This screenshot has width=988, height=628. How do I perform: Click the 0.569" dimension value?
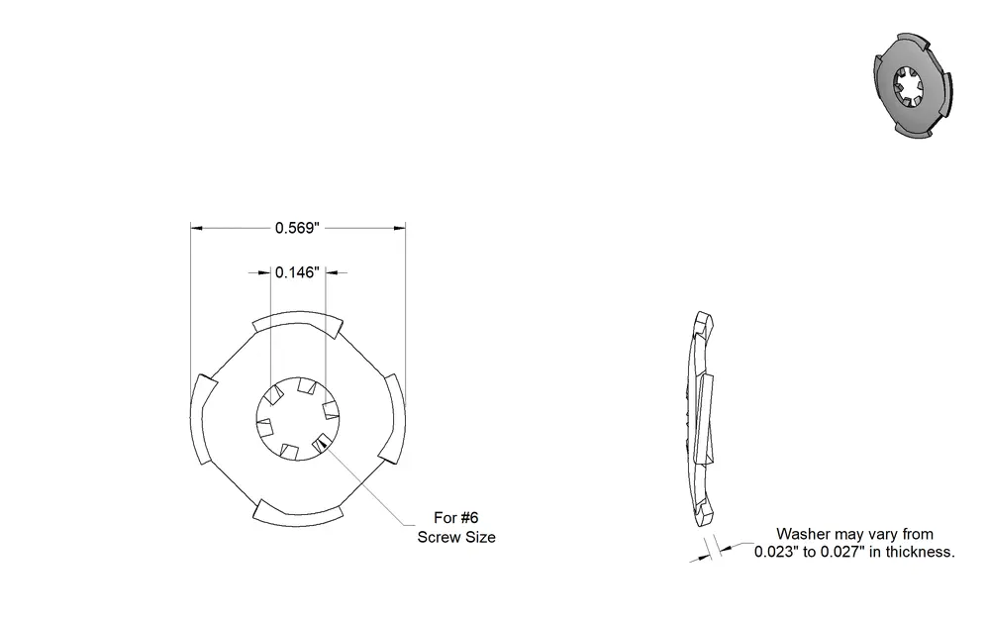coord(297,228)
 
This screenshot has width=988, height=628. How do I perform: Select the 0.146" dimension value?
coord(297,272)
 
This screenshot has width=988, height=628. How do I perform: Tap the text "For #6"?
coord(456,518)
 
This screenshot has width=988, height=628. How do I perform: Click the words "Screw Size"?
coord(456,537)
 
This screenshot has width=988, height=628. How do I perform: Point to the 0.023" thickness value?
coord(776,552)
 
